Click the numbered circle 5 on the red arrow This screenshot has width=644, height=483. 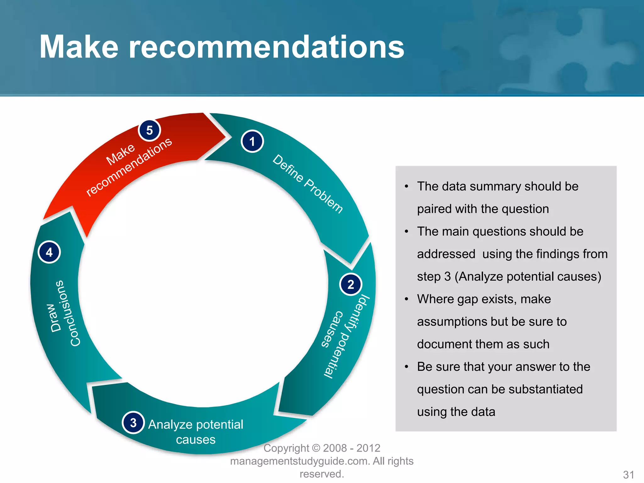[149, 130]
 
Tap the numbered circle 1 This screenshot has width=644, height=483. [252, 142]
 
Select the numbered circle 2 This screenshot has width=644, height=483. [351, 284]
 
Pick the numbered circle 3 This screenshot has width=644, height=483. [133, 423]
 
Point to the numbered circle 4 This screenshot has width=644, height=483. [49, 252]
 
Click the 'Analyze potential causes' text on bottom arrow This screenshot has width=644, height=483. [196, 431]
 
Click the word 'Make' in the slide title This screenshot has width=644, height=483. [79, 47]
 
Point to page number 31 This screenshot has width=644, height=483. [628, 475]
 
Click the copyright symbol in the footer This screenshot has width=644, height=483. [316, 448]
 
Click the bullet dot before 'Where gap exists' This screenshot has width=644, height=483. [407, 299]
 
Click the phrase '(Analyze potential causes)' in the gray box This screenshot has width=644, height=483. [528, 276]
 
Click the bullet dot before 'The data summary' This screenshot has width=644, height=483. [407, 186]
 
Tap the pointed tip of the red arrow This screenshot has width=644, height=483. [226, 137]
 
